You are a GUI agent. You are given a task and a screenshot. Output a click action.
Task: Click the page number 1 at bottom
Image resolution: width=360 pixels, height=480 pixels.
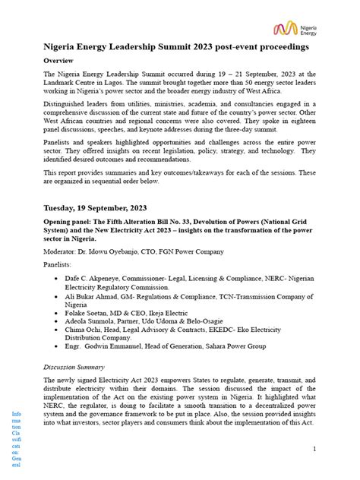point(314,429)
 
